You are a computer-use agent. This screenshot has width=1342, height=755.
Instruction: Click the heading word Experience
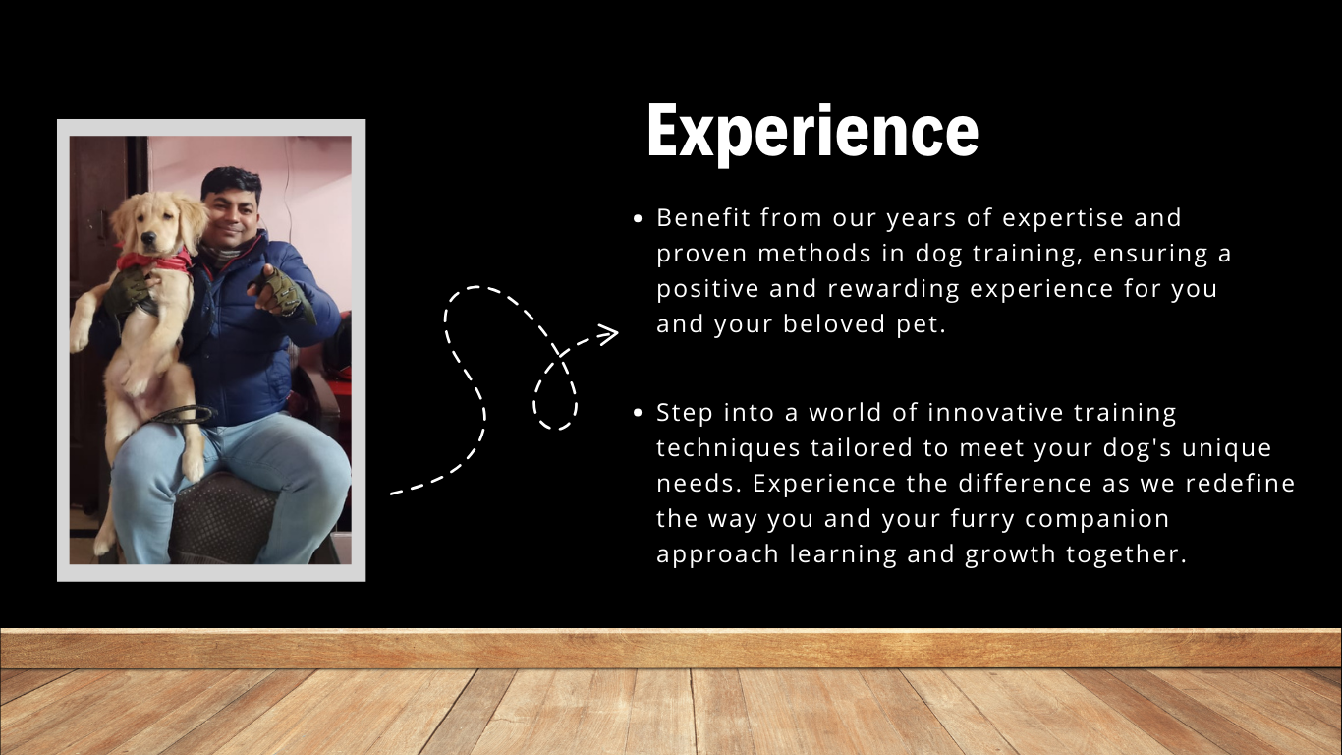coord(812,133)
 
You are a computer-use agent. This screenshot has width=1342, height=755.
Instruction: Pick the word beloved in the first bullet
coord(834,323)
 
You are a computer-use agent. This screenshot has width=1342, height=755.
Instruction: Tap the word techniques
coord(729,448)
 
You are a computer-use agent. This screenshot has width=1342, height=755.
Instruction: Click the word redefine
coord(1241,484)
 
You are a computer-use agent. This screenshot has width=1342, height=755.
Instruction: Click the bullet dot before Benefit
coord(638,219)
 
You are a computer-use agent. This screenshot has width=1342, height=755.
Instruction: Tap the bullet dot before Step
coord(638,413)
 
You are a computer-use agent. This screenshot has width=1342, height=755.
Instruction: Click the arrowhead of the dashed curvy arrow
coord(609,334)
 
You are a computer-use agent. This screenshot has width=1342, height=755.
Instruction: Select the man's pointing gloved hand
coord(282,292)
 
